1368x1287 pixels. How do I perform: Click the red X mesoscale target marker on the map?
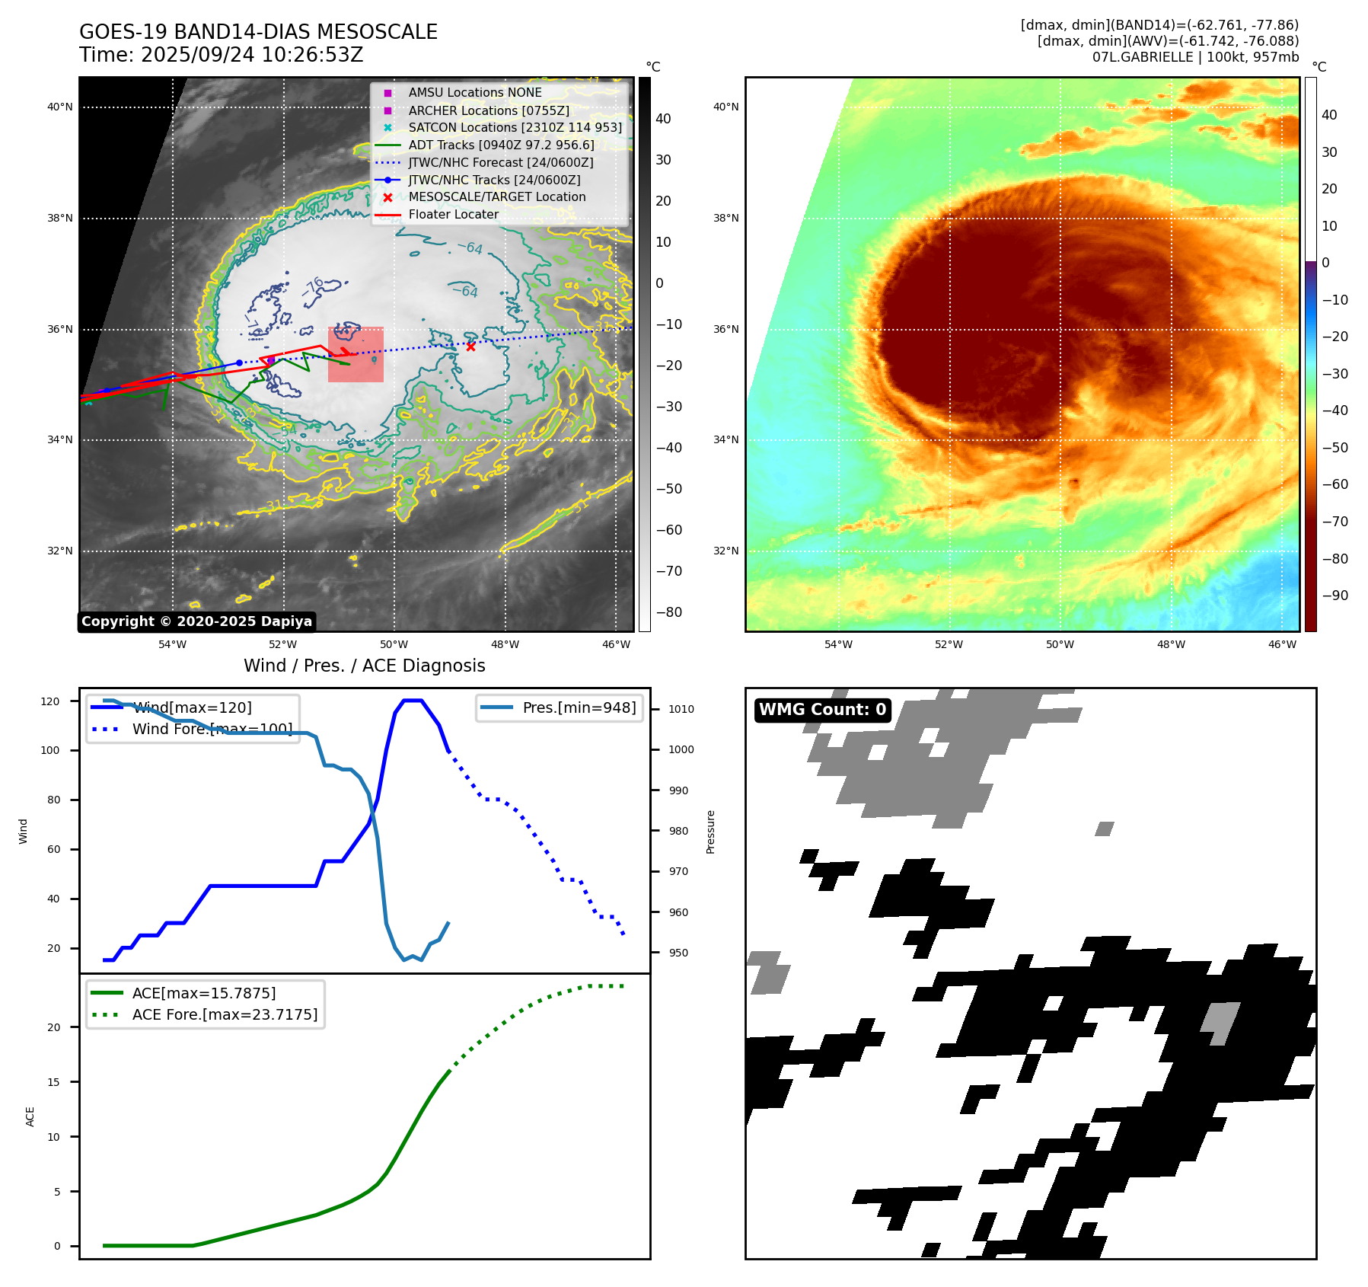[x=470, y=346]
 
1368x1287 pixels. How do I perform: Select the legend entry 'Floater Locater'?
[x=453, y=215]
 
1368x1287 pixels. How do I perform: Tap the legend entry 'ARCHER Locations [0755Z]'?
[x=488, y=110]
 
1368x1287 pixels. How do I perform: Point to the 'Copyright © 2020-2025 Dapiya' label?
[x=196, y=621]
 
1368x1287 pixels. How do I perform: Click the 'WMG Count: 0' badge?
[x=822, y=710]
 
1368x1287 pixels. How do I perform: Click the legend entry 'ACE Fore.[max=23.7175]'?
[x=225, y=1014]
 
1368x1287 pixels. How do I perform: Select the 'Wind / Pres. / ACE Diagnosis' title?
[x=364, y=666]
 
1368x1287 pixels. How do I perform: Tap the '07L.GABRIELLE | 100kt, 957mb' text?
[x=1195, y=57]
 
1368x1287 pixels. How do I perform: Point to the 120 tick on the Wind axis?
[x=50, y=701]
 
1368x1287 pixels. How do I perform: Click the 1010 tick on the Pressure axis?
[x=681, y=709]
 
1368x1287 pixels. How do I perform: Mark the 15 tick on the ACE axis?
[x=53, y=1082]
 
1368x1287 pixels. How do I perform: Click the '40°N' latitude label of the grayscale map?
[x=60, y=107]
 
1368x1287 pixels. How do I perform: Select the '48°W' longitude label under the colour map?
[x=1171, y=645]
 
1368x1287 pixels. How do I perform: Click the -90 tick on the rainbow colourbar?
[x=1335, y=596]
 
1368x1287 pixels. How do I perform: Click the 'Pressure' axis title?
[x=710, y=832]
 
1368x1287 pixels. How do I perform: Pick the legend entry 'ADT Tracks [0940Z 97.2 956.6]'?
[x=501, y=145]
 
